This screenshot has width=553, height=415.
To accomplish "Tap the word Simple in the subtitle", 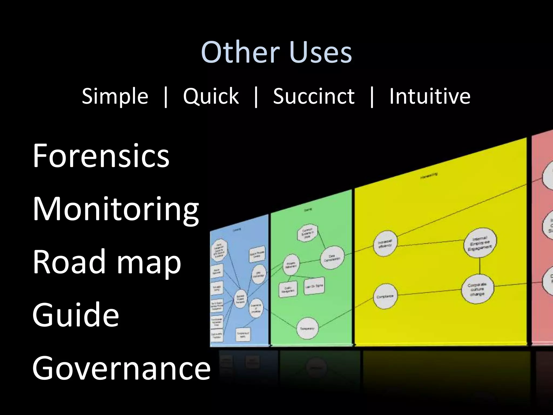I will coord(115,96).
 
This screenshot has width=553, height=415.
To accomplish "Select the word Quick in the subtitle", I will coord(211,96).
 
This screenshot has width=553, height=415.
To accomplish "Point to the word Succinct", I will coord(314,96).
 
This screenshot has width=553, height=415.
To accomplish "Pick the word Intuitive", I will coord(430,96).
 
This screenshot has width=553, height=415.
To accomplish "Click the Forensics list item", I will coord(101,156).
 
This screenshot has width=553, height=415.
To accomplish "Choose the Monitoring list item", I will coord(116,209).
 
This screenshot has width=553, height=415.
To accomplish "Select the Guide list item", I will coord(76,314).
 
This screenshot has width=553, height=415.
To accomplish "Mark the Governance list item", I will coord(121,368).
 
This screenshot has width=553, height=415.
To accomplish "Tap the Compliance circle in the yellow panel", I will coord(385,296).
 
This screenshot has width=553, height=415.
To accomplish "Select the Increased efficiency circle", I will coord(385,243).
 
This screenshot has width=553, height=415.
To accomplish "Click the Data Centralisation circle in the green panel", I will coord(332,258).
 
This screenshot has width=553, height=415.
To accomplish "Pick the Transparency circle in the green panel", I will coord(307,329).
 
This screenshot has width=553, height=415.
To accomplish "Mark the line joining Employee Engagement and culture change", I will coord(480,266).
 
